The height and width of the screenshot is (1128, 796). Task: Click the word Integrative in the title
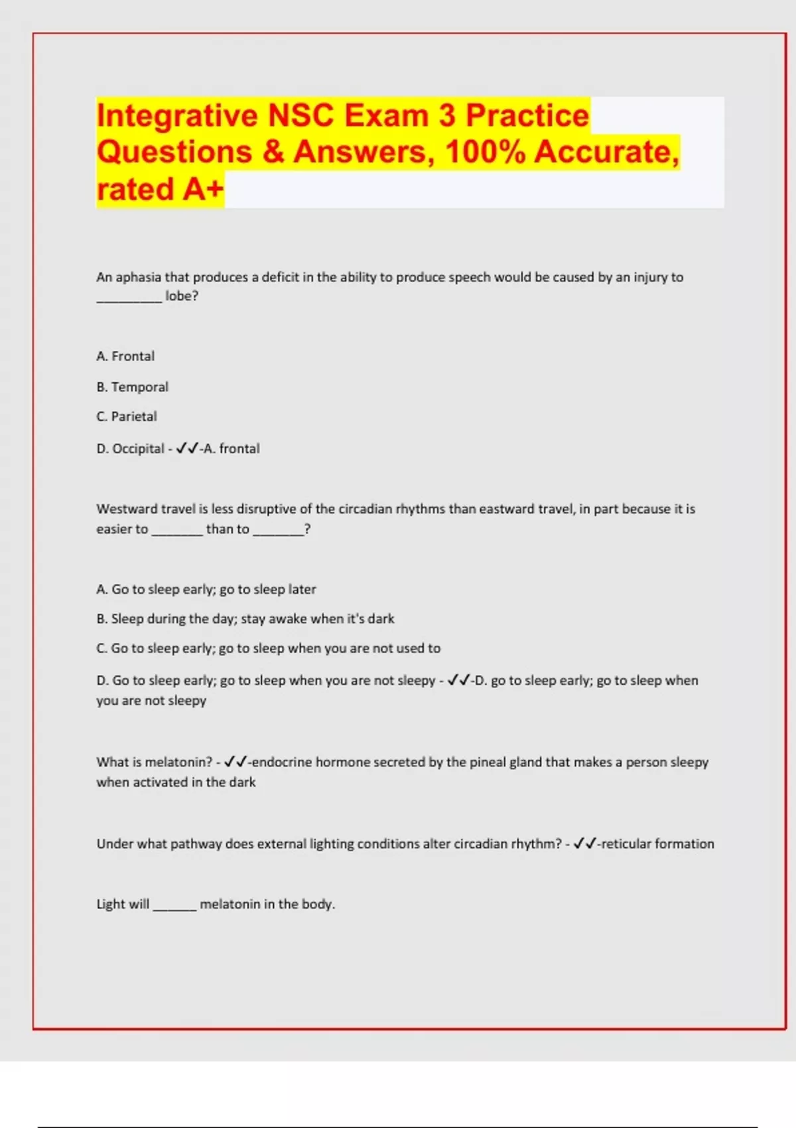click(x=177, y=116)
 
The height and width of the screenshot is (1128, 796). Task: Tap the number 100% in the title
click(x=485, y=152)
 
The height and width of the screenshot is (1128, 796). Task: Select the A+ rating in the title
click(x=203, y=189)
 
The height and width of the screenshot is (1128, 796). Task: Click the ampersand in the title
click(x=273, y=152)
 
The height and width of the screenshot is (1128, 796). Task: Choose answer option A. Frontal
click(x=125, y=356)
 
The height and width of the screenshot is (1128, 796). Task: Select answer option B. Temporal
click(x=132, y=387)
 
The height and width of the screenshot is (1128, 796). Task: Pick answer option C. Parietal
click(x=127, y=417)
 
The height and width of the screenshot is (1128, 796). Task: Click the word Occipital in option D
click(x=138, y=449)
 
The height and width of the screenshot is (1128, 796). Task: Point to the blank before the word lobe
click(x=129, y=297)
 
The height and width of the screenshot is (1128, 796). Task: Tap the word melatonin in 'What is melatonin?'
click(x=178, y=762)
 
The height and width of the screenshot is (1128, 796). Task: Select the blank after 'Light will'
click(x=174, y=905)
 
